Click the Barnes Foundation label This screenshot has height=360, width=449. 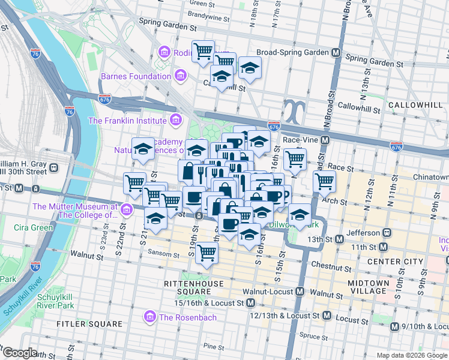point(136,76)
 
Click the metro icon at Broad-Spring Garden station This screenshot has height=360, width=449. point(336,53)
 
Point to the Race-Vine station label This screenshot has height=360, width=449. point(300,140)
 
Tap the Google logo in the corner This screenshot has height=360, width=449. point(20,353)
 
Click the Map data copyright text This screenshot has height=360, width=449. point(412,355)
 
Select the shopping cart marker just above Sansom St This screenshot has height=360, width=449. point(206,253)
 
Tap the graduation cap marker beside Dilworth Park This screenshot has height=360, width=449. point(299,214)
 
